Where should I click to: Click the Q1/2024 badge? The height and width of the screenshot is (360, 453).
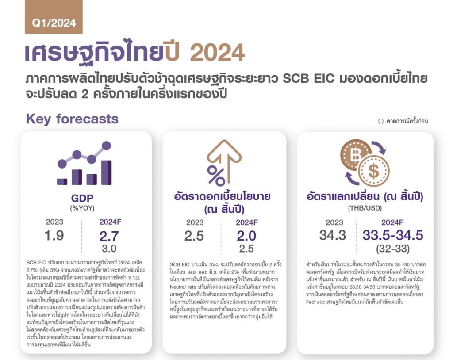click(54, 17)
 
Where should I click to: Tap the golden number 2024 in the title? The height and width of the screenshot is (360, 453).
click(217, 53)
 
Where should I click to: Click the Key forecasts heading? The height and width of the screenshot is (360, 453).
click(72, 119)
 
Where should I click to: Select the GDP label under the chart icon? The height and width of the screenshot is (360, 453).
click(82, 198)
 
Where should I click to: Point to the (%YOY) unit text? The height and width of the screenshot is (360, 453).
click(82, 208)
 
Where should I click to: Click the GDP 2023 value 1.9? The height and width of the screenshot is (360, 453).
click(54, 235)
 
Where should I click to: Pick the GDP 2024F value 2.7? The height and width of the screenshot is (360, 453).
click(109, 236)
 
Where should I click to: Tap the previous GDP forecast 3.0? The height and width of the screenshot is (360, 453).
click(109, 249)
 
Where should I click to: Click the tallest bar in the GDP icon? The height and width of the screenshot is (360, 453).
click(106, 172)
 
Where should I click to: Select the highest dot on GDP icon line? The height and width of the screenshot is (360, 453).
click(106, 146)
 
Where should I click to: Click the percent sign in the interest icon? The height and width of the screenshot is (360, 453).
click(216, 176)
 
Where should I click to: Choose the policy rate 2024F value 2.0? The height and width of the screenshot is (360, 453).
click(246, 236)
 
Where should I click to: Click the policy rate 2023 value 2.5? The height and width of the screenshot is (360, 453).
click(194, 236)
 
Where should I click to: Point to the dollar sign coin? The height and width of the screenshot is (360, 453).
click(374, 170)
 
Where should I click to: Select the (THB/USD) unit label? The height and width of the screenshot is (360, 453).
click(365, 208)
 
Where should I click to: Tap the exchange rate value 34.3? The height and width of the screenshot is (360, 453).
click(333, 235)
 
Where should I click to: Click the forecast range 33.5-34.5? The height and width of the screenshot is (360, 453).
click(393, 235)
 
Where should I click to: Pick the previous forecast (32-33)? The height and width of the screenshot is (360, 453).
click(393, 249)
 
